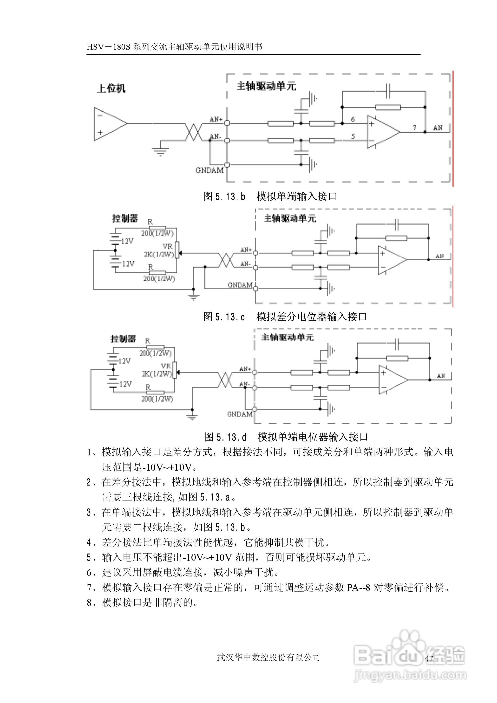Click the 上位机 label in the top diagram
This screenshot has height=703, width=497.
(111, 88)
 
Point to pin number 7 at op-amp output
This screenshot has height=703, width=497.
(414, 128)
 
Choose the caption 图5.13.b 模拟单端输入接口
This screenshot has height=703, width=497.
(270, 196)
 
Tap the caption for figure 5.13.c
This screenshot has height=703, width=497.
(285, 317)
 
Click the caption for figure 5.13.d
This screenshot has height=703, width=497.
(286, 437)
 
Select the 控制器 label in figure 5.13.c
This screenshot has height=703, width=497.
(125, 218)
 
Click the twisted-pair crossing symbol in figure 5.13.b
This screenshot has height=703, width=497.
(193, 132)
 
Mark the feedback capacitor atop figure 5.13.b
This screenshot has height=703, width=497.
(388, 91)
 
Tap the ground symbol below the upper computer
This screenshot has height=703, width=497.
(160, 151)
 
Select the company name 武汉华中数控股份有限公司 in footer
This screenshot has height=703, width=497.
(268, 657)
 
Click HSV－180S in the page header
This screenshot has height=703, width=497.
(109, 47)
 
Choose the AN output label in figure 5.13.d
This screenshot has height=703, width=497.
(441, 376)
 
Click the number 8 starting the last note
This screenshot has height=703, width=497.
(89, 602)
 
